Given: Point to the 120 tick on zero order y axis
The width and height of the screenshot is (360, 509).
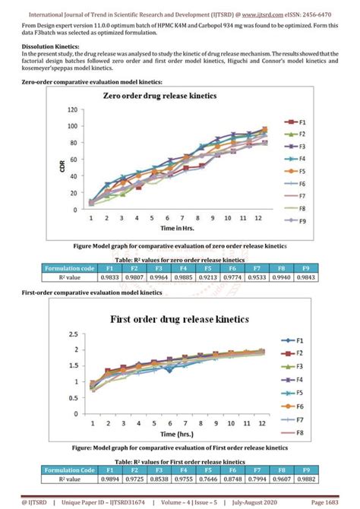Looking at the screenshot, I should pyautogui.click(x=73, y=109).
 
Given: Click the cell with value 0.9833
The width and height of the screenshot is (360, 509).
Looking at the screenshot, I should pyautogui.click(x=109, y=277).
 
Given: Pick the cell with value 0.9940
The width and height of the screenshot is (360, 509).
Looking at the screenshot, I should pyautogui.click(x=281, y=277).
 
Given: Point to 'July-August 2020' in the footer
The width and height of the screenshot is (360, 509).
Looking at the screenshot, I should pyautogui.click(x=273, y=501).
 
